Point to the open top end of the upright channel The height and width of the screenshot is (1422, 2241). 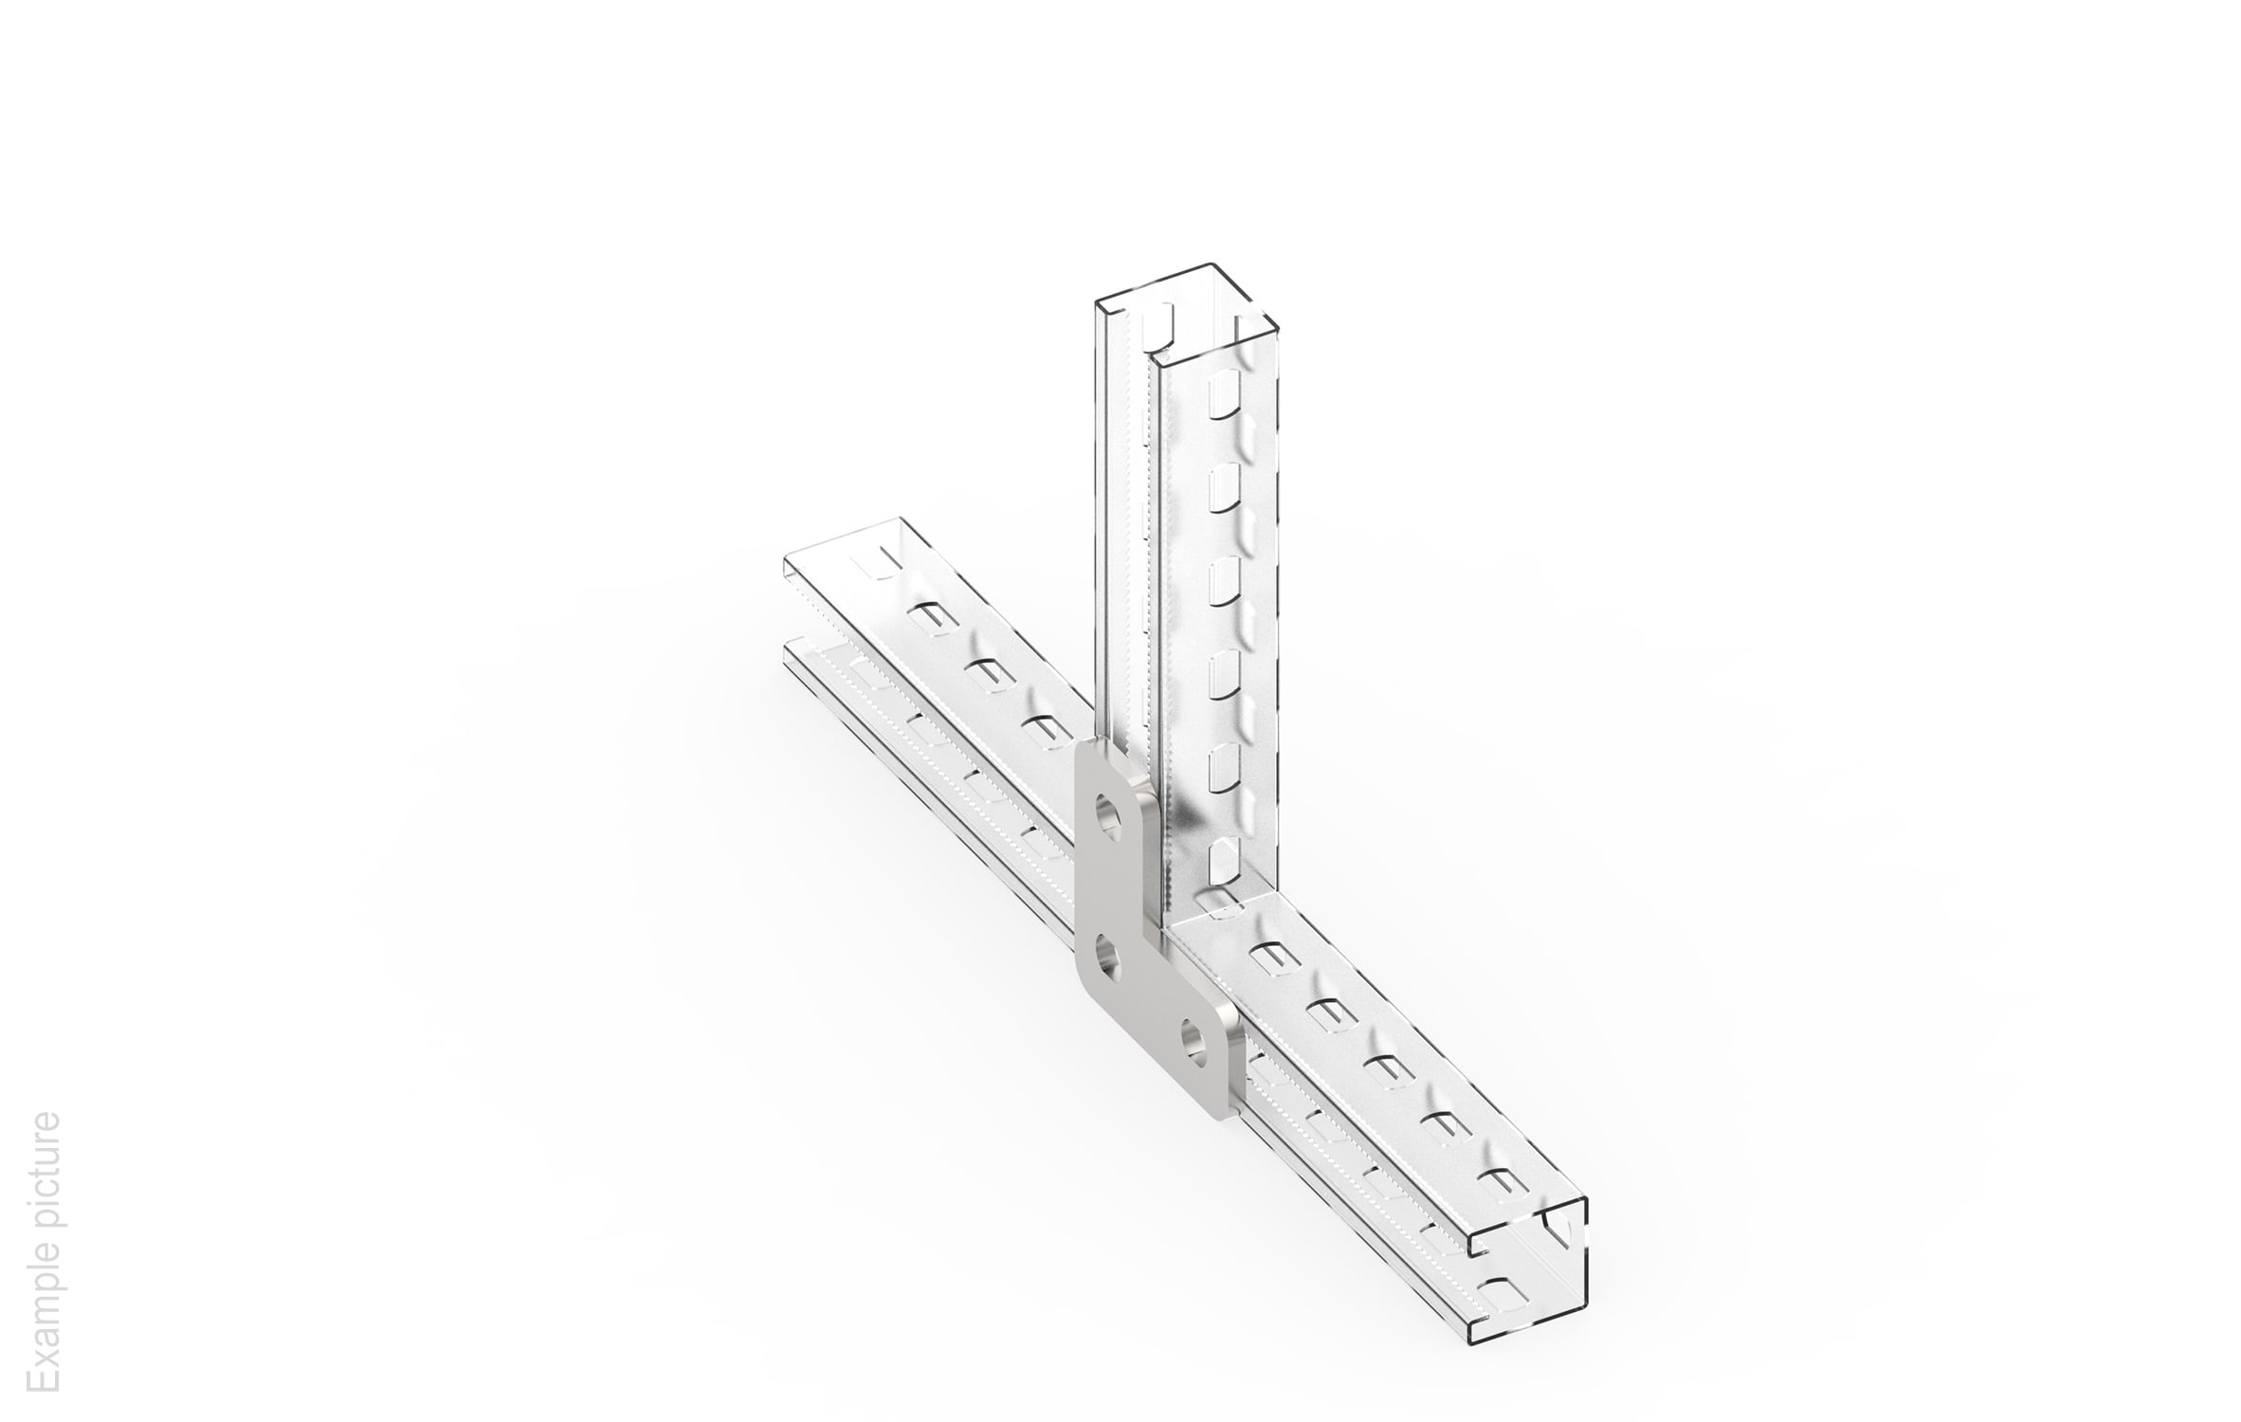click(1189, 313)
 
